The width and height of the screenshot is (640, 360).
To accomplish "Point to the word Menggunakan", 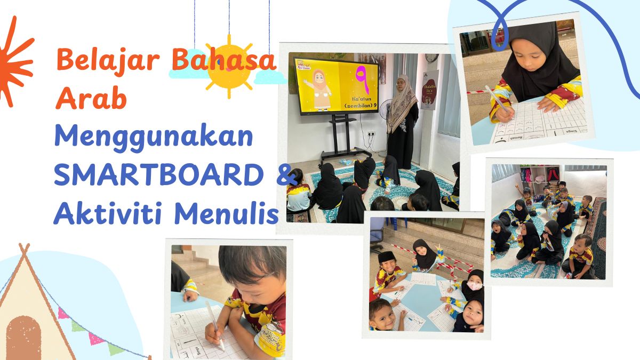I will [154, 139].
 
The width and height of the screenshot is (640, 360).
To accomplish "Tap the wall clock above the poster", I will [431, 58].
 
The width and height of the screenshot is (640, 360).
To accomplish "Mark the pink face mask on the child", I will [474, 286].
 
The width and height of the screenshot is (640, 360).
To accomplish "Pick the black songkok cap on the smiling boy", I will [385, 257].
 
